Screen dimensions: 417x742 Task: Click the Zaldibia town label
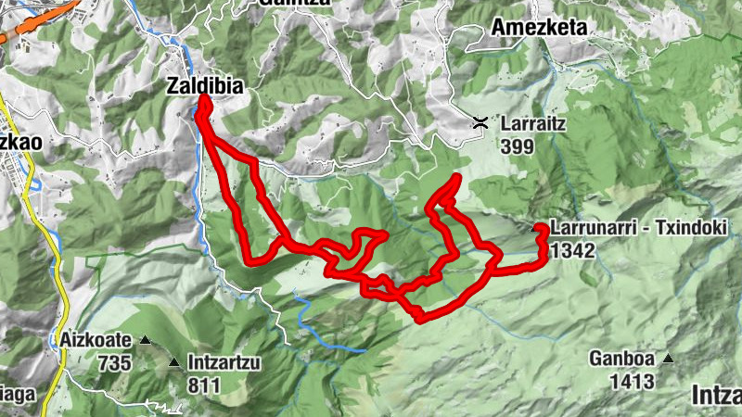click(x=205, y=85)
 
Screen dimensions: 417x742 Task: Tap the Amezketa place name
click(x=542, y=27)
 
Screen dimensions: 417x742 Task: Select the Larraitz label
click(x=532, y=122)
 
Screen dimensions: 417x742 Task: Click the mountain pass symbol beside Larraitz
click(x=480, y=122)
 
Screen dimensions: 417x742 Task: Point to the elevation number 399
click(x=516, y=145)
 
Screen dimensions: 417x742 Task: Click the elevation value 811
click(x=203, y=385)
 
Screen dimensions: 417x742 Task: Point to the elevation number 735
click(x=114, y=362)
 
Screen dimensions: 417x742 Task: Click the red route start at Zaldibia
click(x=201, y=99)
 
